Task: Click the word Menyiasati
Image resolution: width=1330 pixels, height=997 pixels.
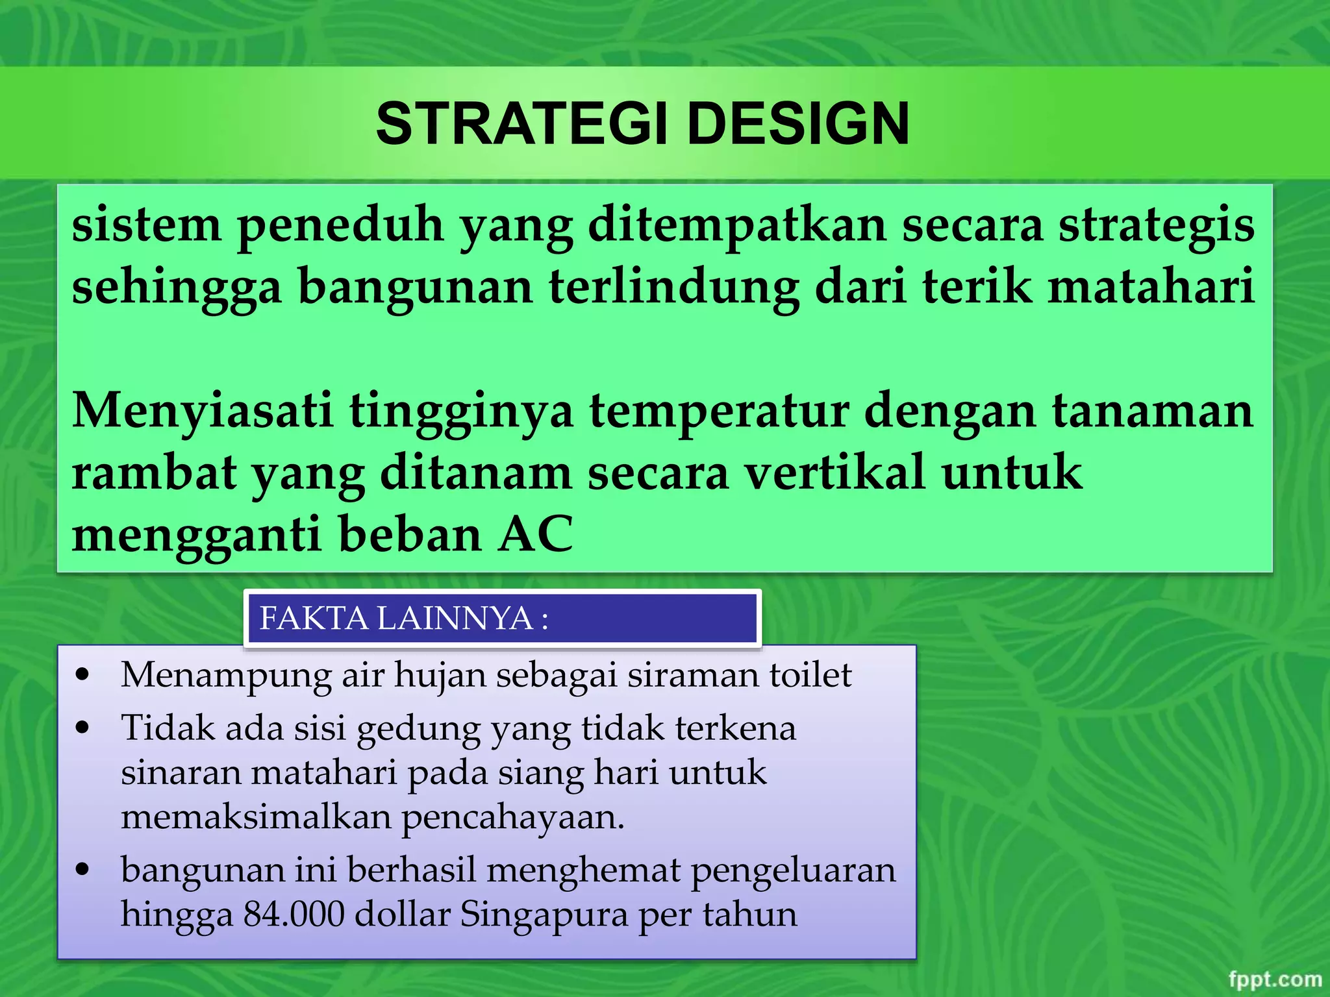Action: coord(203,412)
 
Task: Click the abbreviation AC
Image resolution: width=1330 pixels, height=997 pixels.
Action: coord(536,534)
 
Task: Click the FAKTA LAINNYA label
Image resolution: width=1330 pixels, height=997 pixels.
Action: coord(403,618)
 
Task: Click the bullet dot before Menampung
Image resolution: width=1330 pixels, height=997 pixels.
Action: coord(82,675)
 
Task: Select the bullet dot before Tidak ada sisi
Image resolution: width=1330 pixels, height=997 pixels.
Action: coord(82,728)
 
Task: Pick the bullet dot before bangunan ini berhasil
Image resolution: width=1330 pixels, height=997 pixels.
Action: coord(82,870)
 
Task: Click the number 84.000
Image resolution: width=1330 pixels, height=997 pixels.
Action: coord(294,915)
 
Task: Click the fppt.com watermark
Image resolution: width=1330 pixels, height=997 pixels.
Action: coord(1275,979)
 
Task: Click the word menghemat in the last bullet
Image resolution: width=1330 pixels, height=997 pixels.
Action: coord(583,870)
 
